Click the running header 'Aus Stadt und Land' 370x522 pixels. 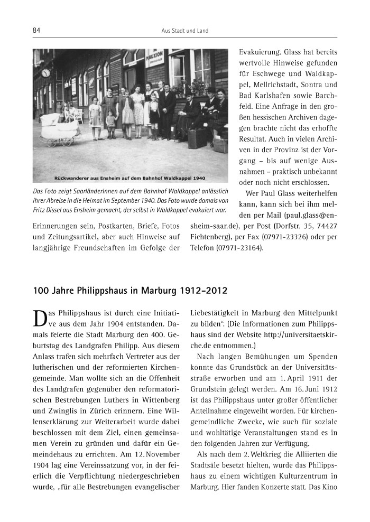coord(184,31)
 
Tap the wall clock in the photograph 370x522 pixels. coord(45,73)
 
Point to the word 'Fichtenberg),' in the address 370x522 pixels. coord(207,237)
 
